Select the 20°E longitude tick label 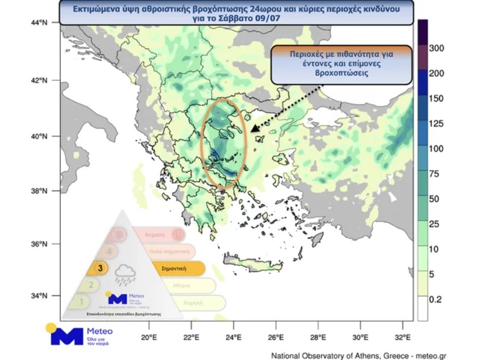(x=149, y=338)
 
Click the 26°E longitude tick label (x=276, y=338)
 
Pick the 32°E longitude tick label (x=403, y=338)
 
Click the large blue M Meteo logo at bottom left (x=67, y=336)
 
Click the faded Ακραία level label (x=152, y=234)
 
